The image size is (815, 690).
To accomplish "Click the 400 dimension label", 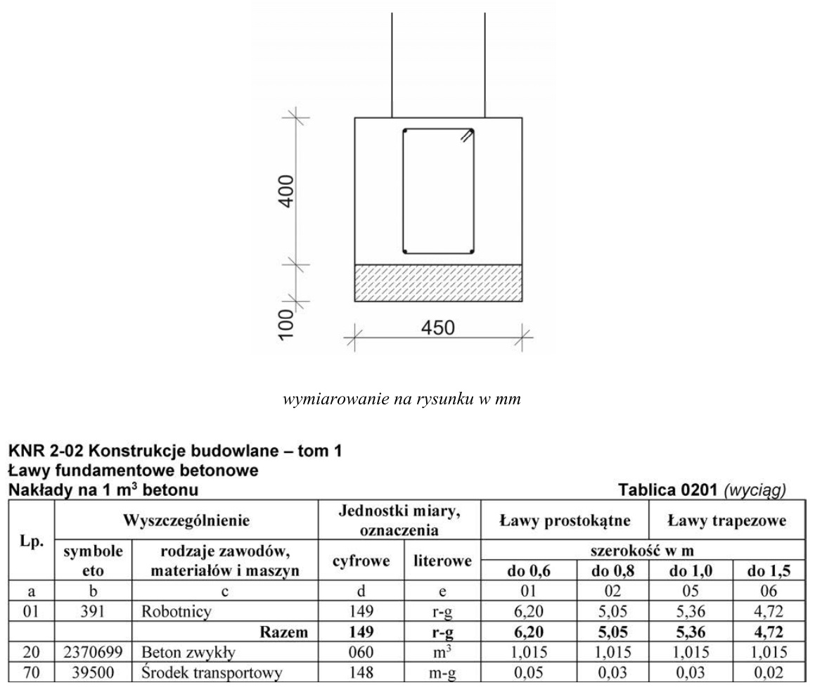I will pos(284,190).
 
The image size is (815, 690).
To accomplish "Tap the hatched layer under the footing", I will pos(437,283).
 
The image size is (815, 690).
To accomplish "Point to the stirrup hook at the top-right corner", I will pos(467,136).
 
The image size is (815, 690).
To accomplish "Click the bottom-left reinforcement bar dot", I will pos(406,250).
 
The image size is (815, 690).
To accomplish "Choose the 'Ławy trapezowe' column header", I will pos(725,521).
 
